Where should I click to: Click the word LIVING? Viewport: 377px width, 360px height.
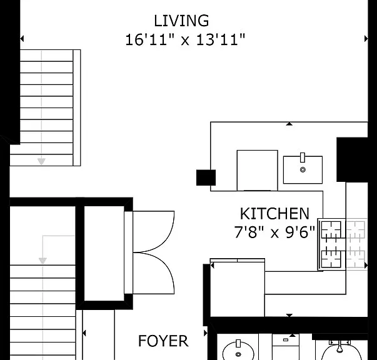181,21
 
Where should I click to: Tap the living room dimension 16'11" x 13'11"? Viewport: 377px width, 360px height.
185,39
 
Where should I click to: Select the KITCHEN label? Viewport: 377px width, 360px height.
274,214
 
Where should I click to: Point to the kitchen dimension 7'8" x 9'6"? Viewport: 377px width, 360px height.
274,232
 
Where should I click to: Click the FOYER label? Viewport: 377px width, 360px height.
163,341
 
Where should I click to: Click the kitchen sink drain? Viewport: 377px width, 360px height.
303,169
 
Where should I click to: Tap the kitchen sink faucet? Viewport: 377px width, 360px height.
303,157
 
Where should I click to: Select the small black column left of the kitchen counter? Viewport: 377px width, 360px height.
206,177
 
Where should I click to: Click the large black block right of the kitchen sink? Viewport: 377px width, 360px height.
352,160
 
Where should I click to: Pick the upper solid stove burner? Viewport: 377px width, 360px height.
331,230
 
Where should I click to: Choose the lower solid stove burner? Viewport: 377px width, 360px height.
331,259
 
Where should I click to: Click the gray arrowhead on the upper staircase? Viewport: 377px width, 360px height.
41,161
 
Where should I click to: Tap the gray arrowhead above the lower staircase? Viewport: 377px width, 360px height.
43,261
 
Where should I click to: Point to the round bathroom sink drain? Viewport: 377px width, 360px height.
238,354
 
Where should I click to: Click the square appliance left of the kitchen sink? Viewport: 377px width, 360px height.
257,171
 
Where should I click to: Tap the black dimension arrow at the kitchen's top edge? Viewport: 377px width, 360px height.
289,124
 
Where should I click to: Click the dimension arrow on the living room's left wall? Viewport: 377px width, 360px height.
22,39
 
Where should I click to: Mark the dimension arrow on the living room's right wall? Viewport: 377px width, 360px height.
366,39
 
